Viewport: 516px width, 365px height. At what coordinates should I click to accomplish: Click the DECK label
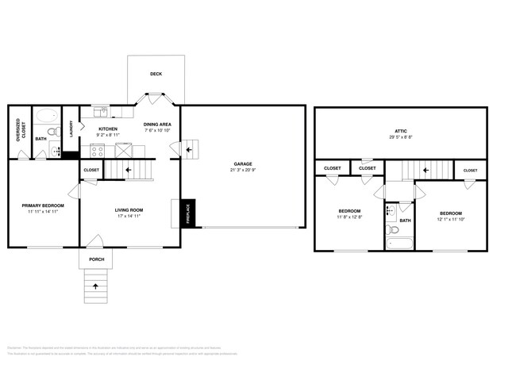coord(156,74)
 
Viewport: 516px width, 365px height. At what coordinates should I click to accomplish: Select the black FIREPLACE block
coord(188,214)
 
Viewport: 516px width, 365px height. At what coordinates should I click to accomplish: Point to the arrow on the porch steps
coord(96,285)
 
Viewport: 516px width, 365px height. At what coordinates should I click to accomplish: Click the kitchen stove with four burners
coord(98,150)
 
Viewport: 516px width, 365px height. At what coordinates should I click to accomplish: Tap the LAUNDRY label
coord(71,129)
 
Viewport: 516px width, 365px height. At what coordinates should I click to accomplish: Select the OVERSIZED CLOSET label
coord(19,130)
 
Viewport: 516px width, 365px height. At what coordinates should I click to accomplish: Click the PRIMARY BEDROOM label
coord(43,205)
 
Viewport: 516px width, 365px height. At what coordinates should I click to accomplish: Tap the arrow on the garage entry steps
coord(189,148)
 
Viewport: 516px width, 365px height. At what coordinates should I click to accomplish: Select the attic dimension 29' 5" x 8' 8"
coord(401,138)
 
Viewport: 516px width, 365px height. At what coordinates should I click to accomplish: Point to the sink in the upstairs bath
coord(391,211)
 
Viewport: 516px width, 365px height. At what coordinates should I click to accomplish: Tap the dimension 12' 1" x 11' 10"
coord(451,219)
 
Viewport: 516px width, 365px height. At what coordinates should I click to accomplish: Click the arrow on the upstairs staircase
coord(425,168)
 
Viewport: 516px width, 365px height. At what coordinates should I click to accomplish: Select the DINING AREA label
coord(156,125)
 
